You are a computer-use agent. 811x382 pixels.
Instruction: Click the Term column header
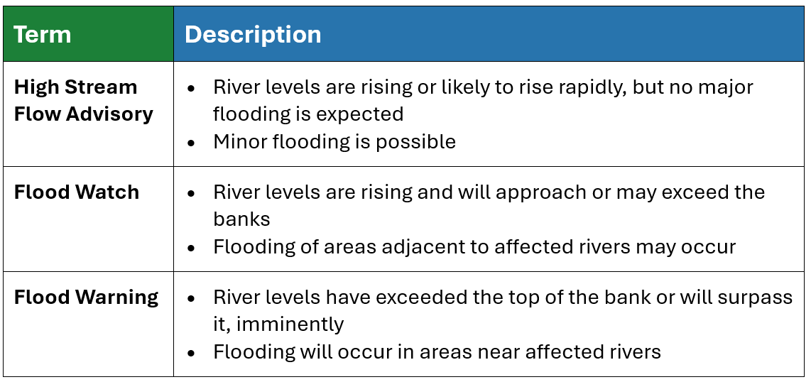click(x=43, y=35)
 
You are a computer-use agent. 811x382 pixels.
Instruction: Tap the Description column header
click(x=253, y=35)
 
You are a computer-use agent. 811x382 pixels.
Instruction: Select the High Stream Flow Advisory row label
click(x=83, y=100)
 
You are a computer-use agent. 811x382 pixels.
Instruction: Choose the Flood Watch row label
click(x=77, y=192)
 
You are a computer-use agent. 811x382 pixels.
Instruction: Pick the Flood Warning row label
click(x=87, y=298)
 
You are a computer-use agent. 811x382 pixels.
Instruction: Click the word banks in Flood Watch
click(x=241, y=219)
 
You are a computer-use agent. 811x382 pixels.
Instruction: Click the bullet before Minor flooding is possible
click(x=192, y=142)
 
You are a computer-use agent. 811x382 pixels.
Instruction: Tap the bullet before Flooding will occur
click(x=192, y=353)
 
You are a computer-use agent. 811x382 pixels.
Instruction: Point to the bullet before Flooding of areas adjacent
click(x=192, y=248)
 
